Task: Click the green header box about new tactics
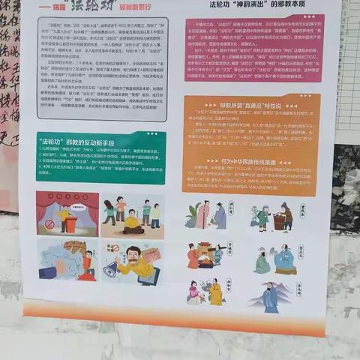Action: point(100,157)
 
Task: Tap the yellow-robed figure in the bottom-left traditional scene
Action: point(215,293)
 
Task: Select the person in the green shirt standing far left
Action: point(108,211)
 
